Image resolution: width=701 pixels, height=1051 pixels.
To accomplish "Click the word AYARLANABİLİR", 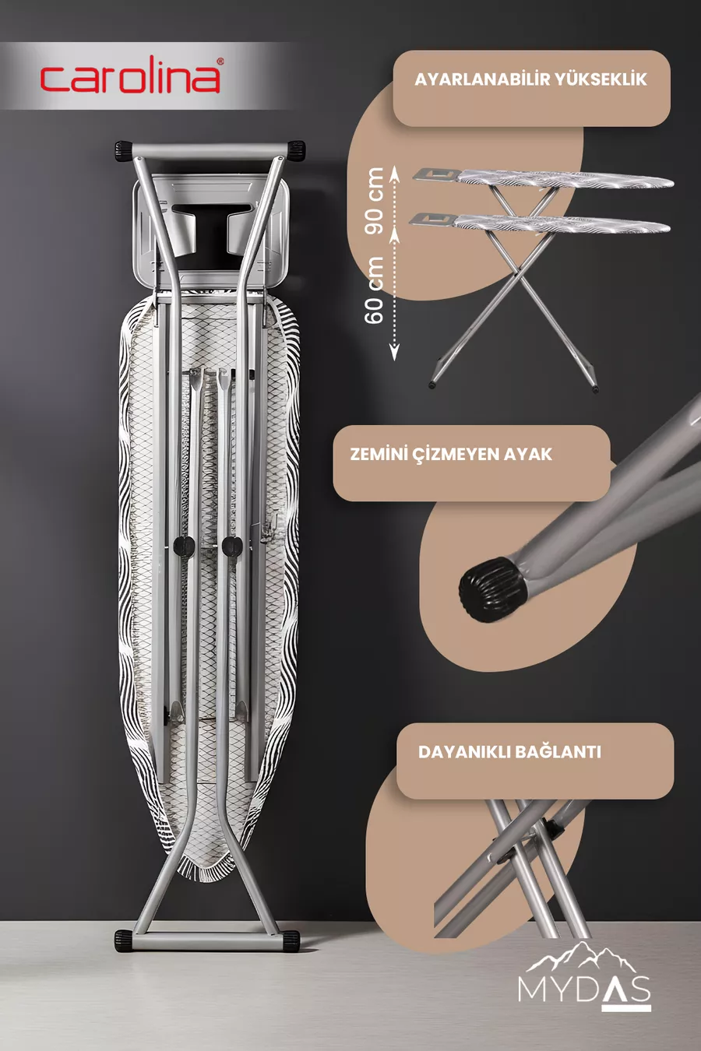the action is [x=482, y=79].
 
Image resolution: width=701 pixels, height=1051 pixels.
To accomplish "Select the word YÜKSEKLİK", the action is [x=601, y=79].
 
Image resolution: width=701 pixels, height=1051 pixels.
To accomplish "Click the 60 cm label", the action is [x=374, y=290].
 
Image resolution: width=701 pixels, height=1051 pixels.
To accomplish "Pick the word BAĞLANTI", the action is [x=558, y=751].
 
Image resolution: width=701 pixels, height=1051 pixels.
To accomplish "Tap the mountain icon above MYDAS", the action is [x=581, y=956].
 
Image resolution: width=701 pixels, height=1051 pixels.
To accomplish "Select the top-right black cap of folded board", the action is [x=296, y=150].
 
